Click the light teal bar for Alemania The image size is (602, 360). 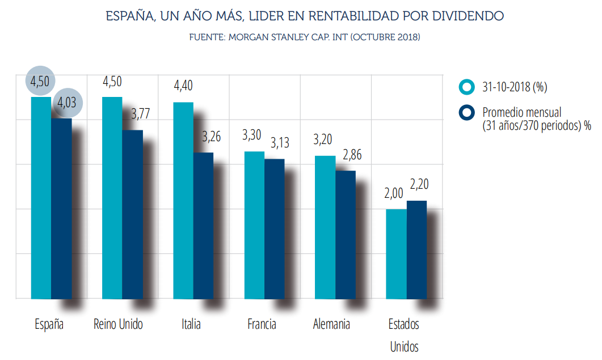pos(325,227)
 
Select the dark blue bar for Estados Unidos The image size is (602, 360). pos(416,249)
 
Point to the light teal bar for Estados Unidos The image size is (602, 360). pos(396,253)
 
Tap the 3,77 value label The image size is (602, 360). pos(140,113)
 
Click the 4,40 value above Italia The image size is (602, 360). pos(183,87)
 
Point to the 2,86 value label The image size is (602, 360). pos(351,155)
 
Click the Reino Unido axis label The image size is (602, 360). pos(118,324)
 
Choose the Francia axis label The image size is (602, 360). pos(262,324)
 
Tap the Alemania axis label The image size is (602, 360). pos(331,324)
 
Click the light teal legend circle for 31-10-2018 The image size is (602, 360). pos(468,87)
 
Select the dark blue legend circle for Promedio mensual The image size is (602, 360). pos(468,113)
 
